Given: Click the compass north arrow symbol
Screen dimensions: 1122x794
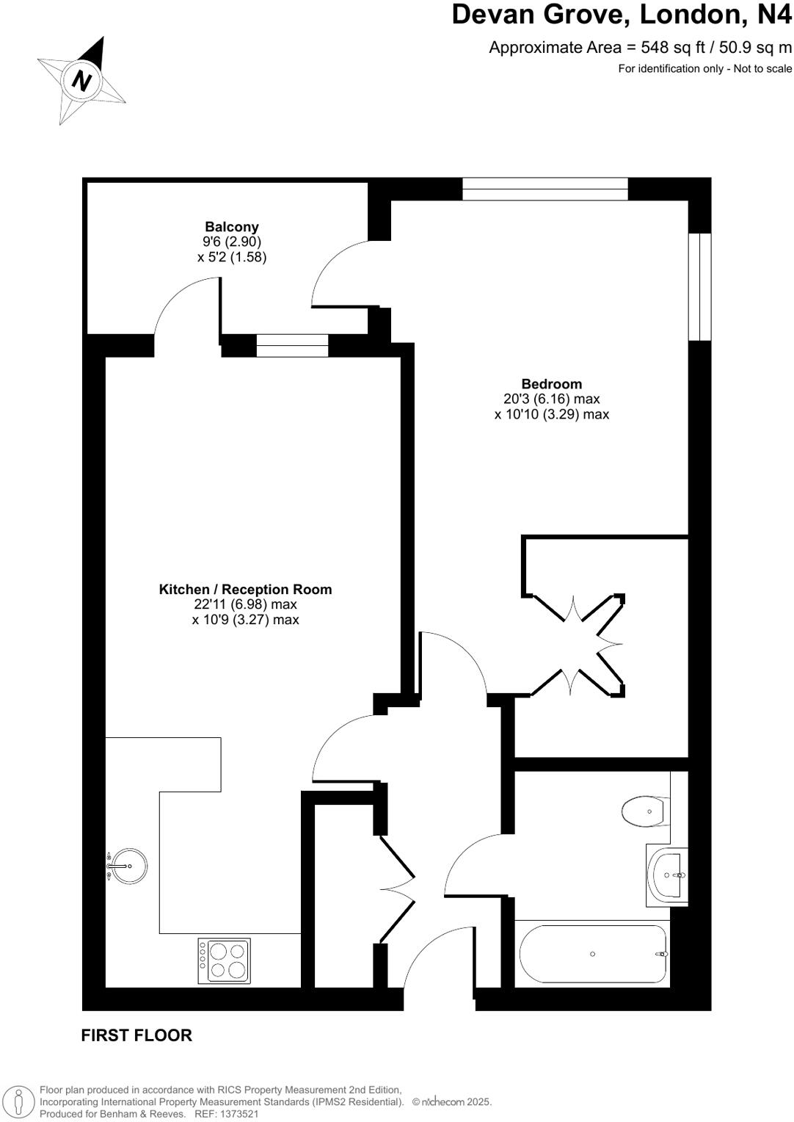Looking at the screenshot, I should point(81,79).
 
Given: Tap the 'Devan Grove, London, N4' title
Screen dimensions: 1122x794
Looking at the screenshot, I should point(621,15).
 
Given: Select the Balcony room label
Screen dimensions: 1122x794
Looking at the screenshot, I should point(231,227).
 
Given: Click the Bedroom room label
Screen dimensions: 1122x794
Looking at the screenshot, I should point(551,383).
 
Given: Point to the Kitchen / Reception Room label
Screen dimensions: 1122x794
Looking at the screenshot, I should point(245,589).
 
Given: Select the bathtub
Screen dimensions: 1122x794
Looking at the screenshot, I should point(592,954).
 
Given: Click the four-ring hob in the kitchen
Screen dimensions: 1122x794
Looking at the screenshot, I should point(225,960).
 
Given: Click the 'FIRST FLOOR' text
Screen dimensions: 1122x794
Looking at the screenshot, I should point(136,1035).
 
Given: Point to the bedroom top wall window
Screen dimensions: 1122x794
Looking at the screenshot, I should point(544,189).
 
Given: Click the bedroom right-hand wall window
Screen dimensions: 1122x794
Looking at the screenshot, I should point(699,287).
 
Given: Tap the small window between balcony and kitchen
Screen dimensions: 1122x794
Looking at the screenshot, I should point(292,345).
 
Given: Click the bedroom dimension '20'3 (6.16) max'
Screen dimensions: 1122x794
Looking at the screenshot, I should point(551,399).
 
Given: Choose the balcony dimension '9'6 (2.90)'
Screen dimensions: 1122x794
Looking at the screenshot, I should point(231,242).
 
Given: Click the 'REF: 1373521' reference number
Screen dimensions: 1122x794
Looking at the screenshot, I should point(227,1114).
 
